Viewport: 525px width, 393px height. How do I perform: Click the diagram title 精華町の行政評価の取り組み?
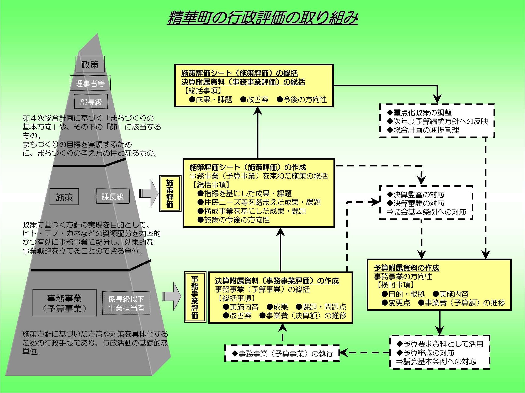coord(262,18)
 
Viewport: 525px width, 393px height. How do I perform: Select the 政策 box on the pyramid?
coord(90,64)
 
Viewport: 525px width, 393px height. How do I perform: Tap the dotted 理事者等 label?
coord(90,83)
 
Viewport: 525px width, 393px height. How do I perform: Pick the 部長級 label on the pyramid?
coord(91,102)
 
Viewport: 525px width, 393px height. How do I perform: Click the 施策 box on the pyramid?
coord(64,197)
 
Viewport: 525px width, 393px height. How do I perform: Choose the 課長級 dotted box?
coord(113,196)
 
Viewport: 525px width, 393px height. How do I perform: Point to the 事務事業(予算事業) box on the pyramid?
coord(64,303)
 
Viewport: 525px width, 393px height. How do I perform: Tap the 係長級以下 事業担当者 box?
coord(126,303)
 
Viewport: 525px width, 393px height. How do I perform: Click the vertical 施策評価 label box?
coord(170,193)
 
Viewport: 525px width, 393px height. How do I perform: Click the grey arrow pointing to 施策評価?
coord(149,193)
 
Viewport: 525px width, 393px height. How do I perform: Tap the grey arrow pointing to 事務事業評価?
coord(172,296)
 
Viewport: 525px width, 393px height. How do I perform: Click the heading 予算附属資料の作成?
coord(406,268)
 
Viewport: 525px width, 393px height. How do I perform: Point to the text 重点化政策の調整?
coord(422,113)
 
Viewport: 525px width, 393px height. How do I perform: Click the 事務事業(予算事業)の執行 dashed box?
coord(282,353)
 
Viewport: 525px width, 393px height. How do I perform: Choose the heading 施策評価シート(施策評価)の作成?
coord(248,167)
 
